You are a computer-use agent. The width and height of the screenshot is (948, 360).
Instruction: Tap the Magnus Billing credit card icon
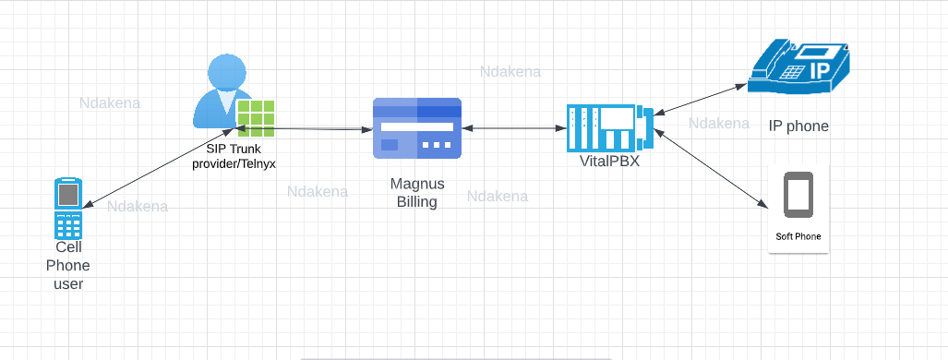(x=417, y=127)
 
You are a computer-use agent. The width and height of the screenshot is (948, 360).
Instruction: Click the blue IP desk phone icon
(x=799, y=66)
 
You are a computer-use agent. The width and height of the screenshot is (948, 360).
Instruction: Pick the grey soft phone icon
(x=798, y=196)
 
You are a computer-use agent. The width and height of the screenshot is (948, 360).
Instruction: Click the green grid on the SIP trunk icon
(x=256, y=119)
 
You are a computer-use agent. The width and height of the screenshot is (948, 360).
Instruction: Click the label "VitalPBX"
(x=605, y=162)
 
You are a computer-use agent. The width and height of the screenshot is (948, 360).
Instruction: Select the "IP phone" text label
(x=798, y=126)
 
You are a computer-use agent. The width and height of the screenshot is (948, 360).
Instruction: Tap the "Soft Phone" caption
(x=798, y=237)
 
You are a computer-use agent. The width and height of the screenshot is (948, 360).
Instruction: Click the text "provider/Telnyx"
(x=240, y=163)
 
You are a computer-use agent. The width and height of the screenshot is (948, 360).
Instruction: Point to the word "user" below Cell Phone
(x=68, y=283)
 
